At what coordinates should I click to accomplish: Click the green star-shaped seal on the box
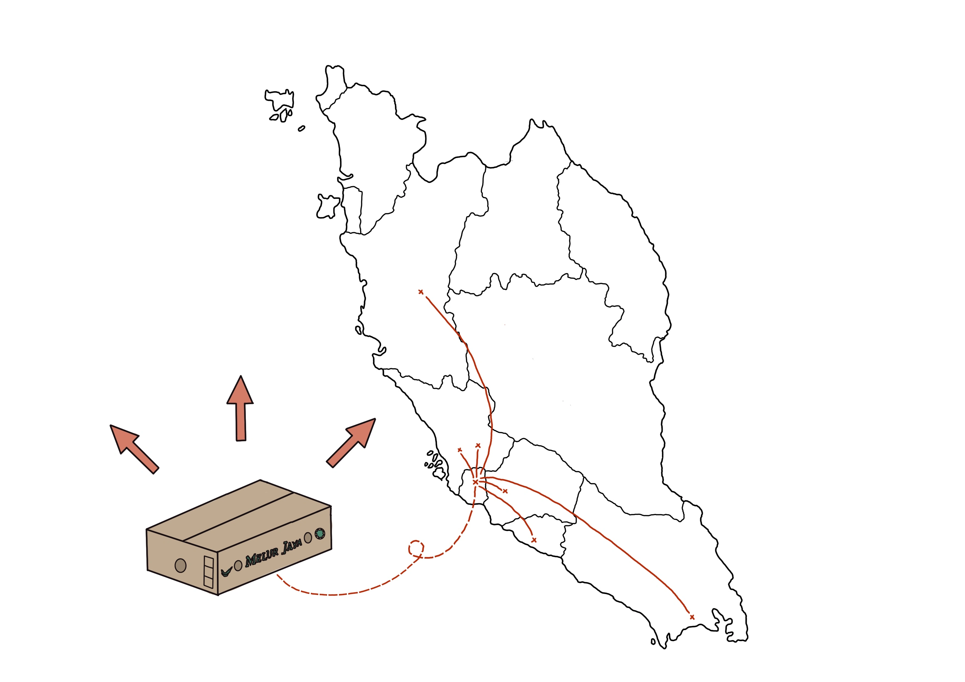click(x=320, y=533)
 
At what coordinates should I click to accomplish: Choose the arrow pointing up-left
click(x=134, y=449)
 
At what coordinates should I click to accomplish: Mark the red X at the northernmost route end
click(x=421, y=291)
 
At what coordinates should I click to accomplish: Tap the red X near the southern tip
click(x=692, y=617)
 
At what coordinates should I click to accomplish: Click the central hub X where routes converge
click(x=475, y=482)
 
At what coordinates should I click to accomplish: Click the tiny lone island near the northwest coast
click(x=301, y=129)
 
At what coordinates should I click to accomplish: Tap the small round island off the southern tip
click(x=653, y=642)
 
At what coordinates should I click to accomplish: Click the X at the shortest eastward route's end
click(x=505, y=491)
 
